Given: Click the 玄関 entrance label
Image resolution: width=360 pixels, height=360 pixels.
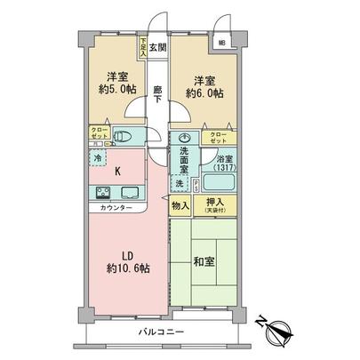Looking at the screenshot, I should [157, 47].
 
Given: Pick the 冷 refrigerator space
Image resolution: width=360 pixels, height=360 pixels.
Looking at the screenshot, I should [96, 158].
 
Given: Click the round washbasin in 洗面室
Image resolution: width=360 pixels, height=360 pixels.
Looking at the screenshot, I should [181, 138].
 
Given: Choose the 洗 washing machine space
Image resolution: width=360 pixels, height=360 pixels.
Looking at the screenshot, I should [180, 183].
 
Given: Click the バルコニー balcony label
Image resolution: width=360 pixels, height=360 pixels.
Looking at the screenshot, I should [161, 331].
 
